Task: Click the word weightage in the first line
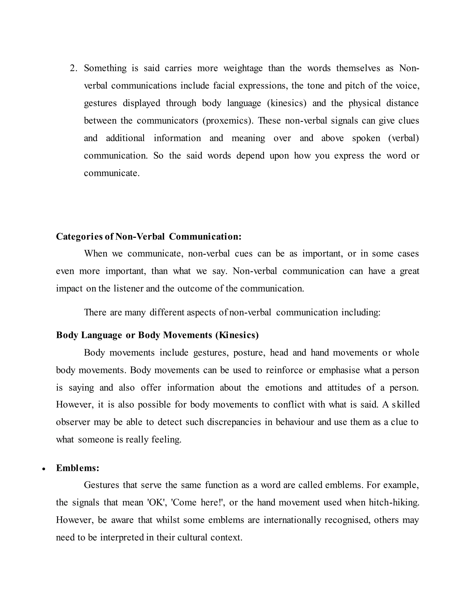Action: [x=243, y=68]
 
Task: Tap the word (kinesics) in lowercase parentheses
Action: [x=287, y=103]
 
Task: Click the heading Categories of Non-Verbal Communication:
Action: [x=149, y=236]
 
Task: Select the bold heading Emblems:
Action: [x=78, y=468]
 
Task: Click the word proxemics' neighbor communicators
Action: [x=168, y=120]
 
